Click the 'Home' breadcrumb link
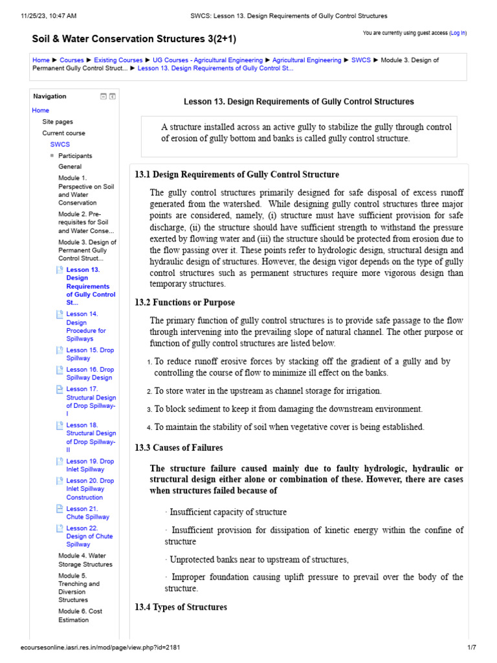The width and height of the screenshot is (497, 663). [x=41, y=60]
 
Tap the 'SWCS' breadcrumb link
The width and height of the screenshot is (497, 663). [x=361, y=60]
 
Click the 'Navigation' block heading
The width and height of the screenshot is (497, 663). [x=50, y=96]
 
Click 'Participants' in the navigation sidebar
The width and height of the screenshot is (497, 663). [x=75, y=156]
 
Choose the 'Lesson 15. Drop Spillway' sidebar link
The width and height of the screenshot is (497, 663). [x=90, y=354]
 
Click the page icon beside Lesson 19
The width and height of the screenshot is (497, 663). [x=60, y=462]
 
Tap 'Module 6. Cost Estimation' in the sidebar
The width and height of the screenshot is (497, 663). [x=80, y=616]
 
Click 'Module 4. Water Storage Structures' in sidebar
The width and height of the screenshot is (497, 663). [x=85, y=560]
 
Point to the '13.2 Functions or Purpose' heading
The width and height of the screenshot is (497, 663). [x=184, y=302]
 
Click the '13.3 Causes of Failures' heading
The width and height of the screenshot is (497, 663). [x=179, y=448]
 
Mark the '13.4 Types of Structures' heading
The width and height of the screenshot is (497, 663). [x=181, y=607]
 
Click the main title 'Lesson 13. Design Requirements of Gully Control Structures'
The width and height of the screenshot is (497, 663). [x=299, y=102]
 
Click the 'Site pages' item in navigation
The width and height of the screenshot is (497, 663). [x=58, y=122]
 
